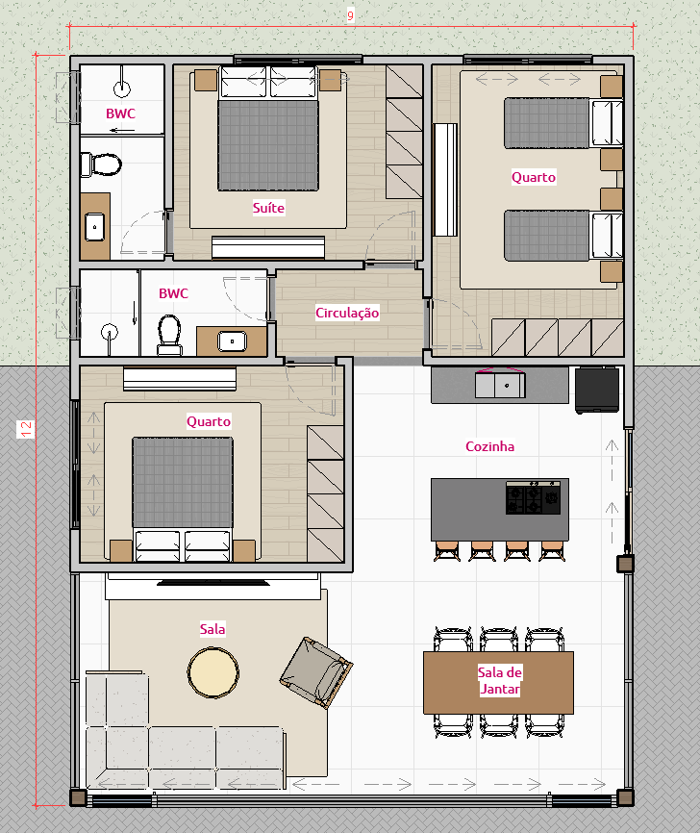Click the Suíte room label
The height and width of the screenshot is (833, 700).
pyautogui.click(x=268, y=208)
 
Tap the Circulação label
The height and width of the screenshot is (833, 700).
pyautogui.click(x=347, y=313)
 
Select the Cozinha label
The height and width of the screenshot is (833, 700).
pyautogui.click(x=489, y=446)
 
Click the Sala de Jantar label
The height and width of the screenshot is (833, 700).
pyautogui.click(x=499, y=680)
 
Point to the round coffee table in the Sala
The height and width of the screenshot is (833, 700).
pyautogui.click(x=212, y=672)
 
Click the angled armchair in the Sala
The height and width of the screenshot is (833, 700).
pyautogui.click(x=316, y=672)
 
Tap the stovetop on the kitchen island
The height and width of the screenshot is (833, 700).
pyautogui.click(x=533, y=498)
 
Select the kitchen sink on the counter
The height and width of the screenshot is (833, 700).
pyautogui.click(x=500, y=385)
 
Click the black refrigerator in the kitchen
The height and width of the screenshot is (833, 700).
pyautogui.click(x=597, y=390)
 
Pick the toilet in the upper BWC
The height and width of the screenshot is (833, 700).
pyautogui.click(x=101, y=164)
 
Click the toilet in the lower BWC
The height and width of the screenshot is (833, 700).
pyautogui.click(x=170, y=335)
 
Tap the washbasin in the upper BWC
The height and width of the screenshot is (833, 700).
pyautogui.click(x=95, y=227)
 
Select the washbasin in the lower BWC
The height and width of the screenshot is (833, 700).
pyautogui.click(x=232, y=341)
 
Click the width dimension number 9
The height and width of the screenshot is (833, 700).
pyautogui.click(x=350, y=15)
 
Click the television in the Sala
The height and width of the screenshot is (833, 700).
pyautogui.click(x=212, y=583)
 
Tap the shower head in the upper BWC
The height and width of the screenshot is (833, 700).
pyautogui.click(x=122, y=88)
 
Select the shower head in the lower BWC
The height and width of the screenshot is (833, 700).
pyautogui.click(x=110, y=332)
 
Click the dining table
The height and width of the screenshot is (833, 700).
pyautogui.click(x=499, y=683)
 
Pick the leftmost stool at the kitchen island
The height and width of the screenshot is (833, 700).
pyautogui.click(x=447, y=550)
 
